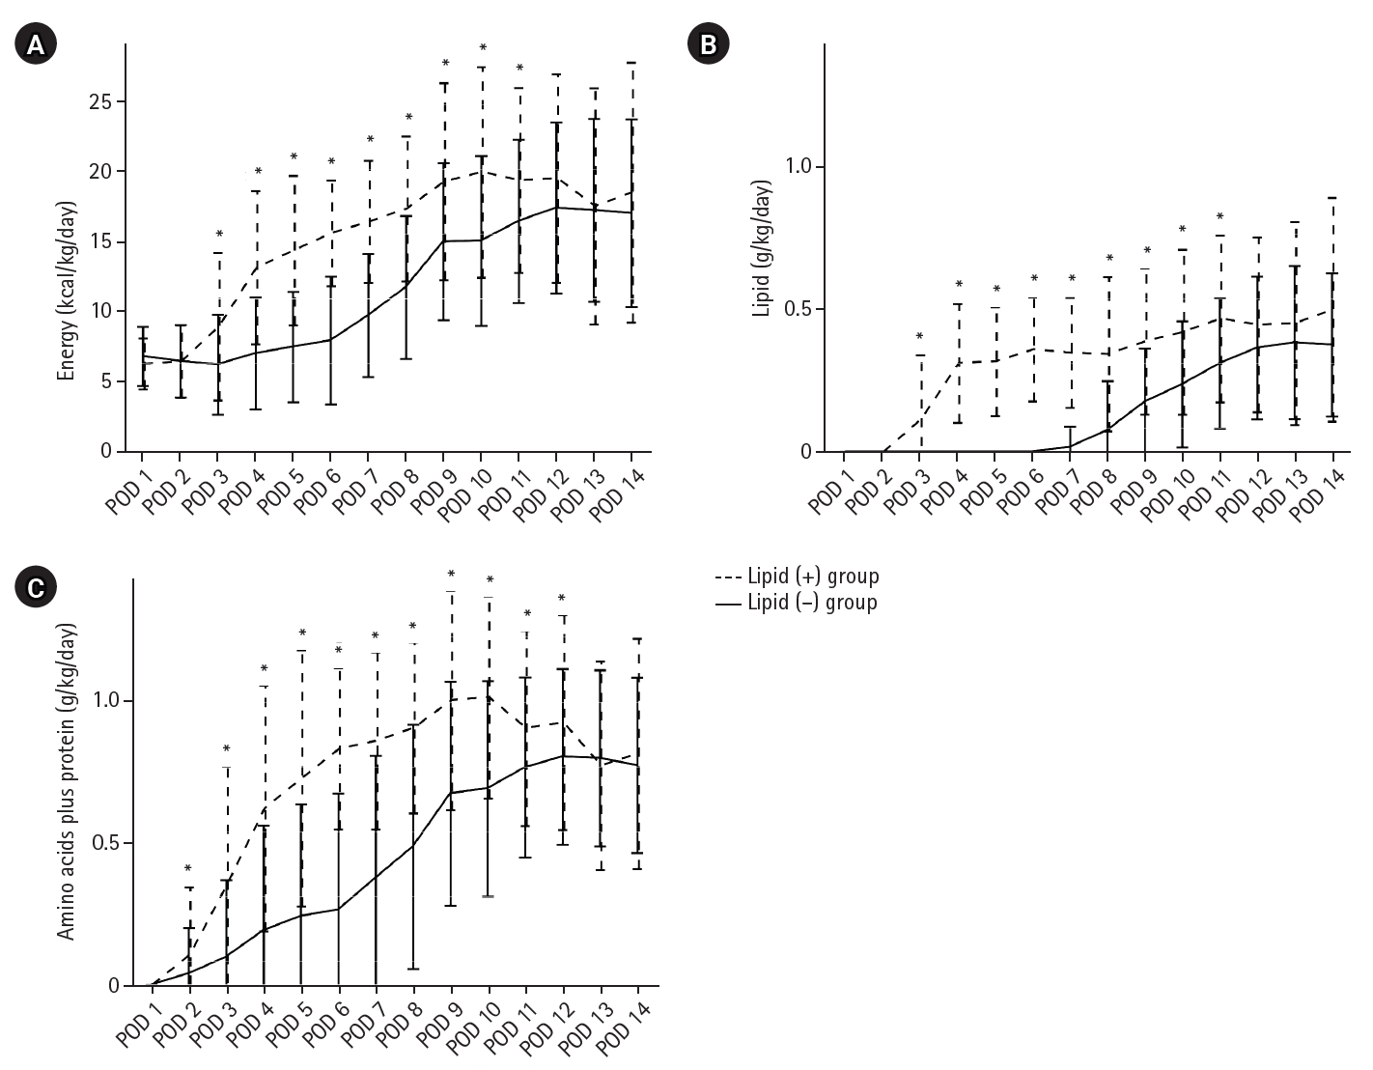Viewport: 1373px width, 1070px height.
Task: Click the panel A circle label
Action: point(37,44)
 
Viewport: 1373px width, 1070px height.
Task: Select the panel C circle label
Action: point(37,587)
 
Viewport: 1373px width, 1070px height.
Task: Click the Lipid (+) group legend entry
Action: point(798,577)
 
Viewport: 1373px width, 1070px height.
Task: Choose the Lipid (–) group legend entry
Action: point(798,603)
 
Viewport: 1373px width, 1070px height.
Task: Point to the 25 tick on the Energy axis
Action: point(101,101)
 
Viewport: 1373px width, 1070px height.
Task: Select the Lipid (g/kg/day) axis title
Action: point(764,248)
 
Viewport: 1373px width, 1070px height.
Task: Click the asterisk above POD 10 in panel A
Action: point(483,48)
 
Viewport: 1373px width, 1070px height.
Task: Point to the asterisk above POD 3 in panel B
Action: point(919,337)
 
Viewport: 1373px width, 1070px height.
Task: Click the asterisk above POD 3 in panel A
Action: point(219,235)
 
